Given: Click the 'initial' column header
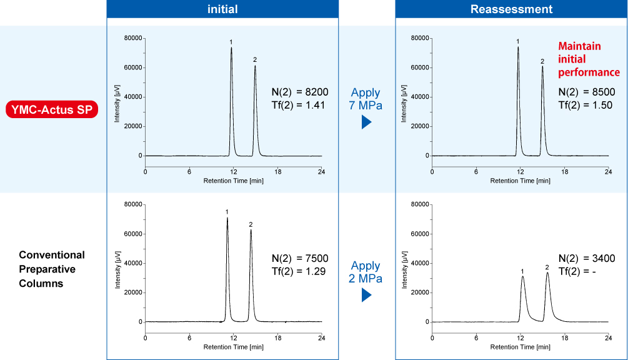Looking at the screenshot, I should tap(222, 9).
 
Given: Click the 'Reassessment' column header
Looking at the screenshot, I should tap(511, 9).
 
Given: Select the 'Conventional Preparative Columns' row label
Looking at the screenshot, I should tap(52, 269).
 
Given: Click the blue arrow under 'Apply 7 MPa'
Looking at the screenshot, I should tap(366, 122).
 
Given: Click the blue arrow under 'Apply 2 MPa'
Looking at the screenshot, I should tap(366, 294).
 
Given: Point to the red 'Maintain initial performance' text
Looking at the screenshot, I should tap(580, 59).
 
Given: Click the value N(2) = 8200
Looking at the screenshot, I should tap(300, 92).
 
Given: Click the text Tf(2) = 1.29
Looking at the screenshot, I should tap(299, 271).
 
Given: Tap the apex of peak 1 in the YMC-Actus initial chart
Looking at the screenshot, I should tap(231, 48).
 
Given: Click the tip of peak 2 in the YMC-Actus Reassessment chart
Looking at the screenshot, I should tap(542, 66).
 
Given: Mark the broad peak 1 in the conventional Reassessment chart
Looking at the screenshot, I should tap(522, 277).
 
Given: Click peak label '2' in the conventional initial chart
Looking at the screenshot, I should tap(251, 224).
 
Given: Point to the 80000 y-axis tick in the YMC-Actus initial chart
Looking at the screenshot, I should tap(132, 38).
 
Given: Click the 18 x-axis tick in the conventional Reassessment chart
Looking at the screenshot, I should tap(564, 337).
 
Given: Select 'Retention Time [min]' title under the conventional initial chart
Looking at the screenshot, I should tap(233, 347).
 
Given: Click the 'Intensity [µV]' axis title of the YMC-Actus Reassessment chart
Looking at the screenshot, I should tap(404, 97).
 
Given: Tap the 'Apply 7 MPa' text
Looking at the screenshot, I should tap(366, 98).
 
